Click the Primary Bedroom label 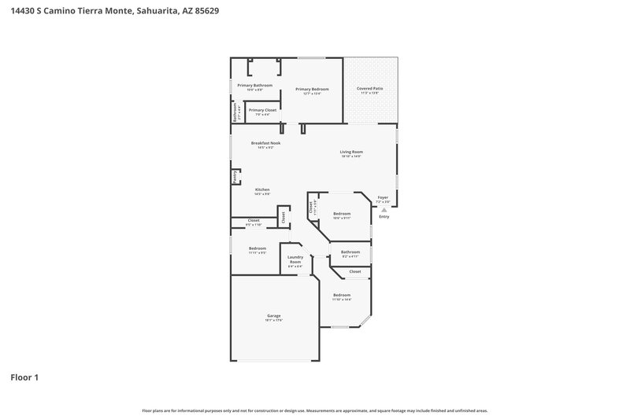click(x=312, y=89)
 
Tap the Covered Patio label click(x=370, y=89)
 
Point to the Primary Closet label click(x=262, y=110)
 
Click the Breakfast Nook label click(x=265, y=143)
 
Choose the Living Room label click(x=350, y=152)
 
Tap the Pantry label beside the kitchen click(x=235, y=178)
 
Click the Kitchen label click(x=262, y=189)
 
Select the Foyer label click(x=383, y=197)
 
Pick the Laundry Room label click(x=295, y=259)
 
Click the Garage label click(x=273, y=315)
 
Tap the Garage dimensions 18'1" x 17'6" click(x=273, y=320)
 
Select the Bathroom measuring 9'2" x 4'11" click(x=350, y=252)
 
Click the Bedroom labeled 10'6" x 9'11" click(x=342, y=214)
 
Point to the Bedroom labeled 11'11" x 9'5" click(x=258, y=248)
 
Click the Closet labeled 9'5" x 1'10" click(x=254, y=220)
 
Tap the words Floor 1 click(x=24, y=377)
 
